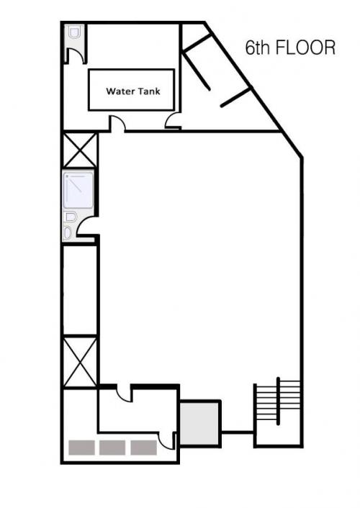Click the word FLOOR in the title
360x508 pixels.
[x=305, y=47]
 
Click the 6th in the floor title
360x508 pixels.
[x=258, y=47]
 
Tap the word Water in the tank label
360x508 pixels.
[x=118, y=91]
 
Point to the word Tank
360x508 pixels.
[x=148, y=91]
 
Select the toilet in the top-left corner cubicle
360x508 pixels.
[x=75, y=32]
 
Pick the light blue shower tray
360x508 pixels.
[x=78, y=191]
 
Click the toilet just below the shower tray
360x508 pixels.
[x=71, y=217]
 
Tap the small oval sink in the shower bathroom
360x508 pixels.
[x=67, y=232]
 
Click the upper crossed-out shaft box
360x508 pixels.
[x=80, y=150]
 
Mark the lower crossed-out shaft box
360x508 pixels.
[x=80, y=362]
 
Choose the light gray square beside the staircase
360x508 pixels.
[x=199, y=423]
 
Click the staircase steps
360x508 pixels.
[x=278, y=401]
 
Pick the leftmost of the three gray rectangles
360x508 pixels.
[x=82, y=448]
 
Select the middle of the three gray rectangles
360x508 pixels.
[x=112, y=448]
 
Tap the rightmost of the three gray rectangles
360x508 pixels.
[x=144, y=448]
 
